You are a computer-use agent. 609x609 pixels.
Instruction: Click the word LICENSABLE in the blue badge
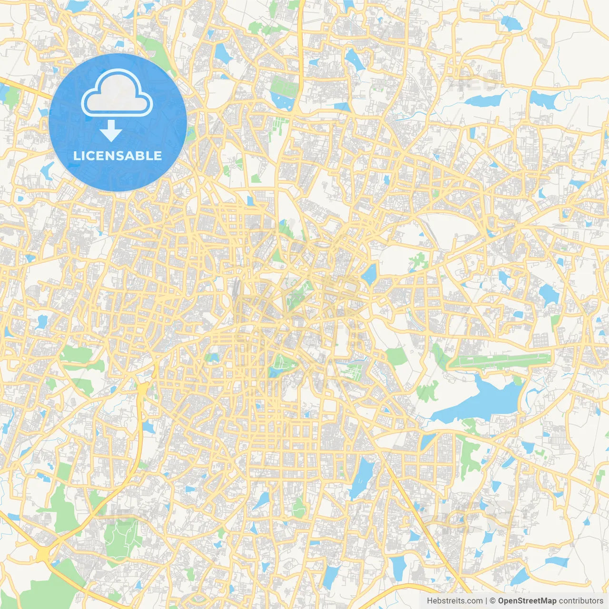(x=118, y=156)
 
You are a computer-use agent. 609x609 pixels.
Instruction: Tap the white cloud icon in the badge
(x=117, y=93)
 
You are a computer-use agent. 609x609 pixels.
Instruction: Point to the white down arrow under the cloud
(x=111, y=130)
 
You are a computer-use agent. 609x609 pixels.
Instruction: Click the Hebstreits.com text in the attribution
(x=454, y=601)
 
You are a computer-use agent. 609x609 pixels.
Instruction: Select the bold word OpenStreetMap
(x=527, y=601)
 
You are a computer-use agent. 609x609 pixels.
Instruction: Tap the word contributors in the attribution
(x=581, y=601)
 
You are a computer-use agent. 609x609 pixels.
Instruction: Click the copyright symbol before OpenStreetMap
(x=492, y=601)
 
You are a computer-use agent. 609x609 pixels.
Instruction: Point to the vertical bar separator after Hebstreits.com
(x=486, y=601)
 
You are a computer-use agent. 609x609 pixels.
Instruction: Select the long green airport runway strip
(x=500, y=360)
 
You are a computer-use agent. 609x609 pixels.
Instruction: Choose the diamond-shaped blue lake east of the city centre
(x=370, y=275)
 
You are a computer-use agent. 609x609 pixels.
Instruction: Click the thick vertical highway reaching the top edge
(x=301, y=38)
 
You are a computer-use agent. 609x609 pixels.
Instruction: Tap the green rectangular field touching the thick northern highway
(x=284, y=86)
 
